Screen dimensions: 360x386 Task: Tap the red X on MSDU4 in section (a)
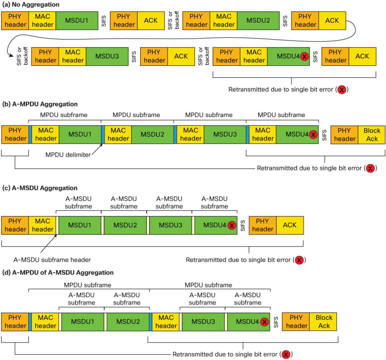304,56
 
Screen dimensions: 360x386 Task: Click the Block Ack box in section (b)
371,135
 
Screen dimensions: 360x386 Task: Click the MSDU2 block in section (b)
152,135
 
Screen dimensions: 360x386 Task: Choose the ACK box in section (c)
289,225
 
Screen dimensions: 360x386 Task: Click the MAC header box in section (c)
43,225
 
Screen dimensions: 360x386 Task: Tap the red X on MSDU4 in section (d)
264,322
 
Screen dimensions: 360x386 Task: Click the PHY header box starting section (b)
15,135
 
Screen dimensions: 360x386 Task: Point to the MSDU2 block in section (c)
124,225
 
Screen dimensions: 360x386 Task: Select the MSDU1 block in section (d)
83,322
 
